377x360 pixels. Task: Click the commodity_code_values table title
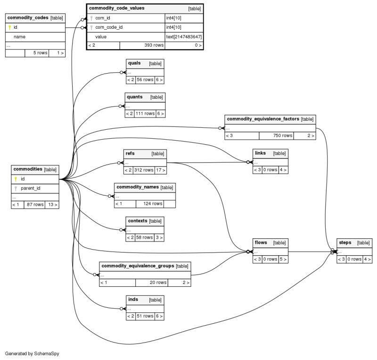(117, 8)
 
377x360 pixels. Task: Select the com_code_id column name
(109, 27)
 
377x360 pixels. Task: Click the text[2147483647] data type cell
(184, 36)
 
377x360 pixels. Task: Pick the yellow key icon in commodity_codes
(9, 27)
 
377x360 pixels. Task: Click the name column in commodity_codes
(19, 36)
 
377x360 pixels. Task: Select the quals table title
(134, 63)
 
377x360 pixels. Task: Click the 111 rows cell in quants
(145, 114)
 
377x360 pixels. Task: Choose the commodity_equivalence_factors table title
(263, 119)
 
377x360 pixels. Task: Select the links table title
(260, 153)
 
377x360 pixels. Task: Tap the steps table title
(345, 243)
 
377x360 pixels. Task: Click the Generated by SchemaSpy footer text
(32, 353)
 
